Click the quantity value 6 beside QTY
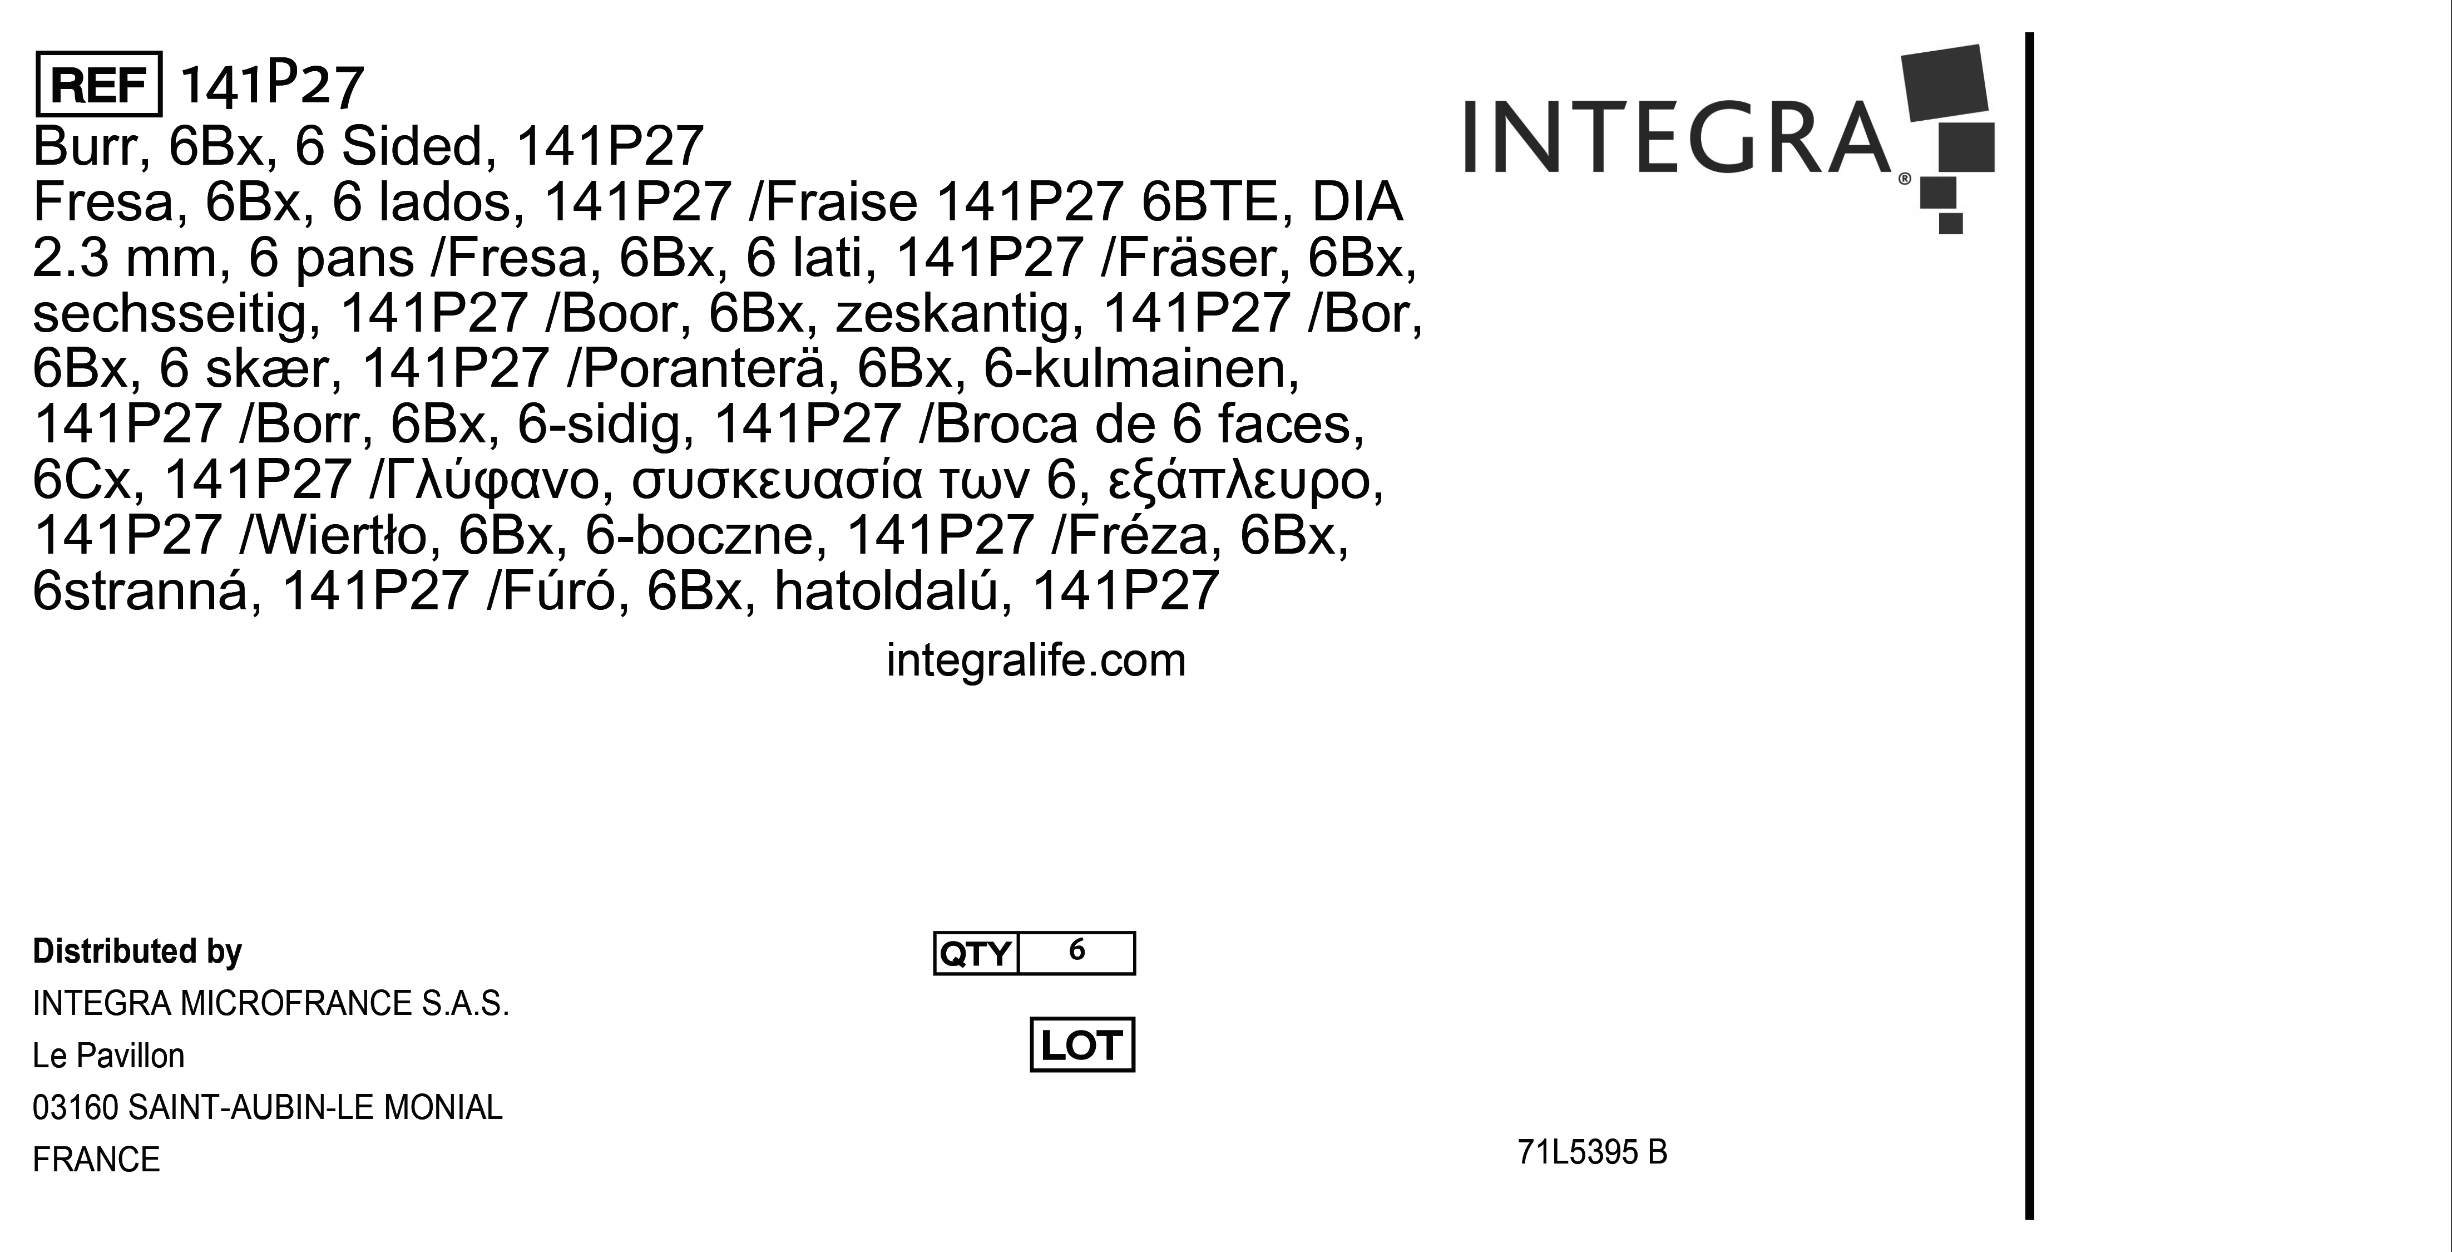click(x=1076, y=950)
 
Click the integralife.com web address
click(x=1036, y=660)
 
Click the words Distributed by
click(x=137, y=951)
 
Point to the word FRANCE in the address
click(x=96, y=1160)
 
